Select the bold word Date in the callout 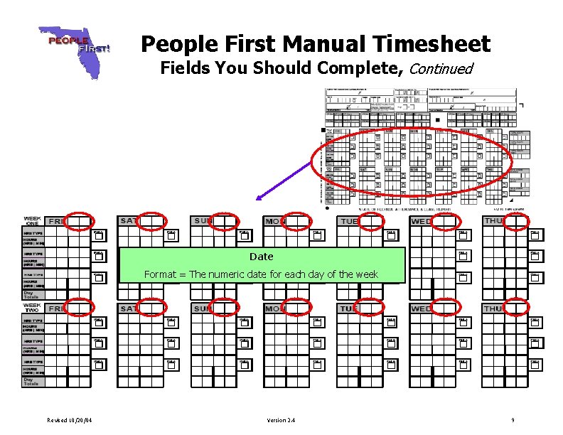(262, 256)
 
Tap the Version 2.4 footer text (281, 420)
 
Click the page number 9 (513, 420)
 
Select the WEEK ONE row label (33, 220)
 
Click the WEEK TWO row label (33, 308)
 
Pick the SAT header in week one (129, 221)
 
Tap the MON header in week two (274, 309)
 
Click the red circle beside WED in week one (444, 221)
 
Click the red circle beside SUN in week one (225, 221)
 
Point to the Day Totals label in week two (32, 382)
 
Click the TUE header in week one (349, 221)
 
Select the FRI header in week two (55, 309)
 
